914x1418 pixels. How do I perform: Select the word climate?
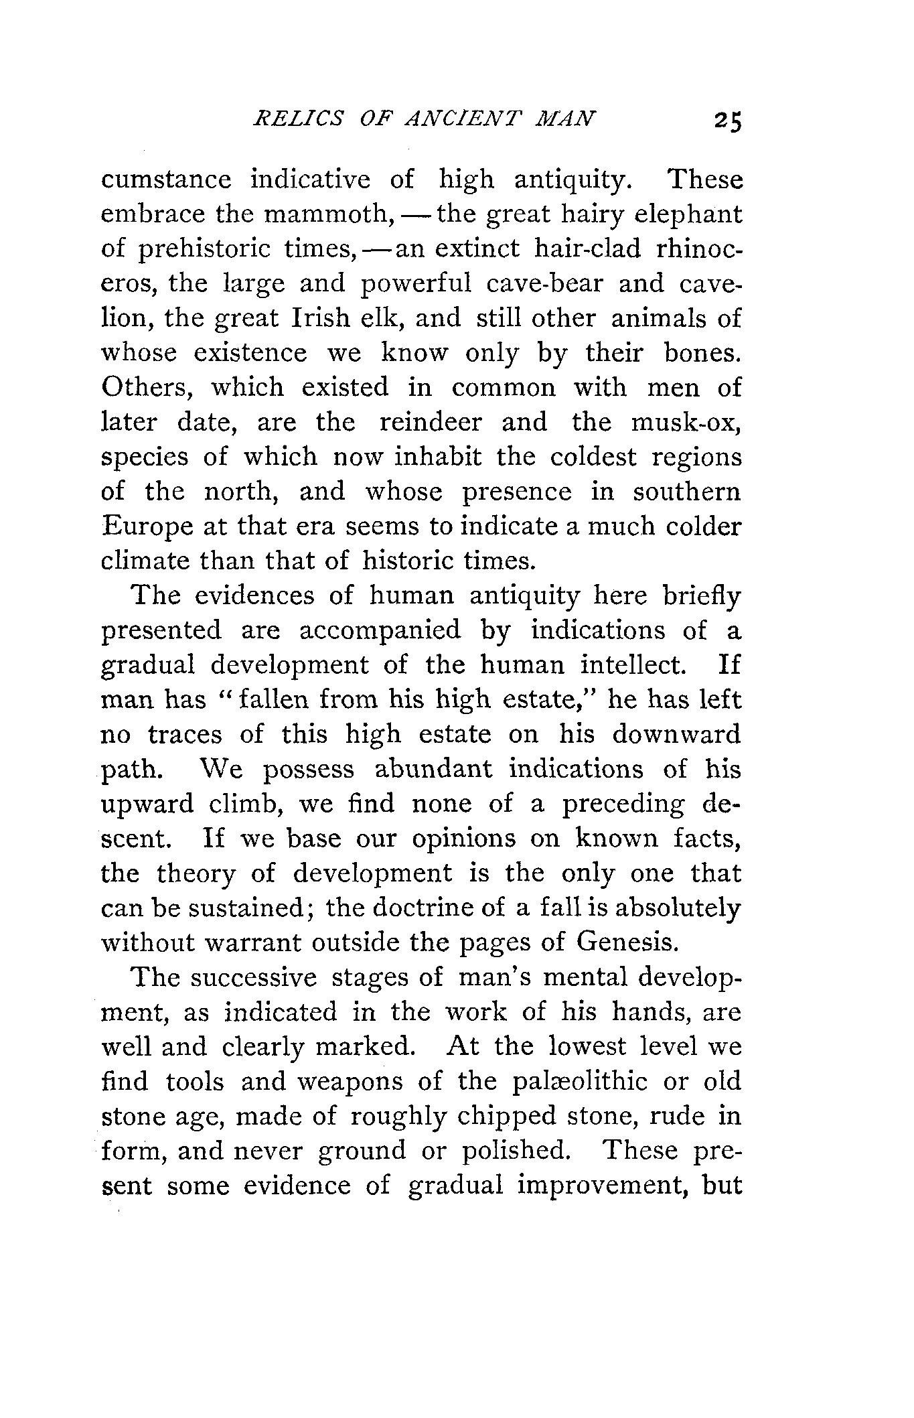point(145,561)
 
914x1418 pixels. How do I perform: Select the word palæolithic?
point(578,1082)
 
